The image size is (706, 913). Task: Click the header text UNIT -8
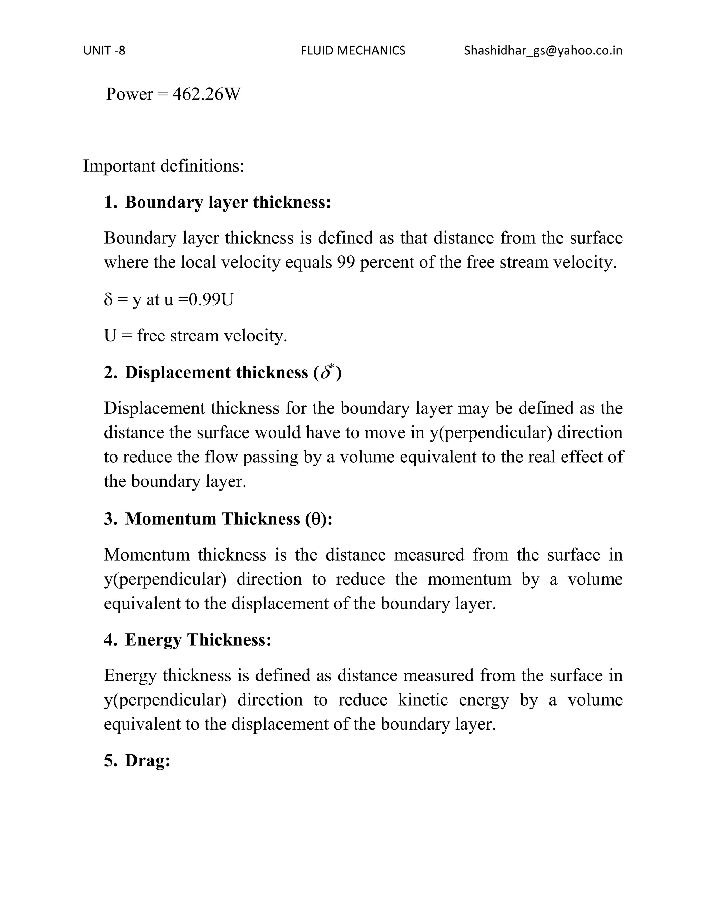click(104, 51)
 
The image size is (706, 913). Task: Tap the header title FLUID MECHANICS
click(353, 51)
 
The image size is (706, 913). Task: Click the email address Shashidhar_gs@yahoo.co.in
click(543, 51)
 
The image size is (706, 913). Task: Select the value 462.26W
click(206, 94)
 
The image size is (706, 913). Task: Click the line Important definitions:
click(163, 166)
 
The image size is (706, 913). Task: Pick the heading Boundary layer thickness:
click(228, 202)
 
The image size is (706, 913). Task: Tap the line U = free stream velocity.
click(195, 336)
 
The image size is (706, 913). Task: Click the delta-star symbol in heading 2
click(327, 372)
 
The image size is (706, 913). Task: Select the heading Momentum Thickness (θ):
click(228, 519)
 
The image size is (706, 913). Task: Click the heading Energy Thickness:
click(198, 639)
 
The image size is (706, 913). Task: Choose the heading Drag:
click(147, 760)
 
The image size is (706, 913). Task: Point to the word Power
click(129, 94)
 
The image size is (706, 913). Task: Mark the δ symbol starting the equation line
click(108, 299)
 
